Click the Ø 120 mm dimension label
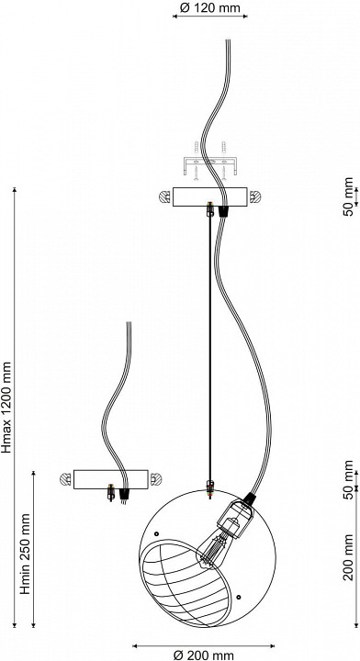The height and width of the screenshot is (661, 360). [x=210, y=7]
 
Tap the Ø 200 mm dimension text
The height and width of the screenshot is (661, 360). [x=204, y=655]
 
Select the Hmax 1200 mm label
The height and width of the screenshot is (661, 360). [x=7, y=407]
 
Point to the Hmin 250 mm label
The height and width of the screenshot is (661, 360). [x=26, y=554]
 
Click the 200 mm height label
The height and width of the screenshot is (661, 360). [x=348, y=557]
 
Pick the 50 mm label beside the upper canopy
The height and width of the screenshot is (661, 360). [x=348, y=196]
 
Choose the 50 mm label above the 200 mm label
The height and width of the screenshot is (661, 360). [x=348, y=480]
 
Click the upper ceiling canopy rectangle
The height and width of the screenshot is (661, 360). [x=210, y=196]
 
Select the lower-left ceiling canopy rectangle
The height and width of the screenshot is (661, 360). [x=111, y=479]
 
